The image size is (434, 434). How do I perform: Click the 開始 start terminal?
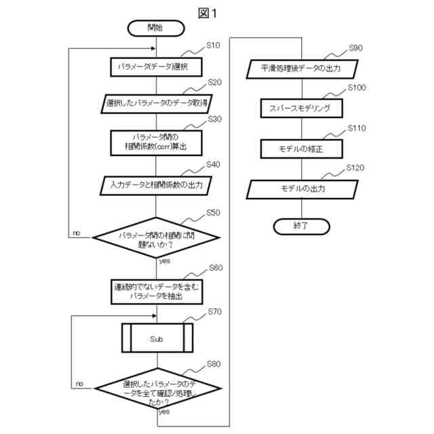tap(156, 28)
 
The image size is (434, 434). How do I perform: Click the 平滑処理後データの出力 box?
tap(300, 68)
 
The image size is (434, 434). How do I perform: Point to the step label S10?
tap(212, 45)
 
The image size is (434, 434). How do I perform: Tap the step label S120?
tap(356, 167)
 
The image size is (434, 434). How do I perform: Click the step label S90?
tap(355, 48)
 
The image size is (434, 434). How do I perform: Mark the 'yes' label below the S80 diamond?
tap(164, 412)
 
